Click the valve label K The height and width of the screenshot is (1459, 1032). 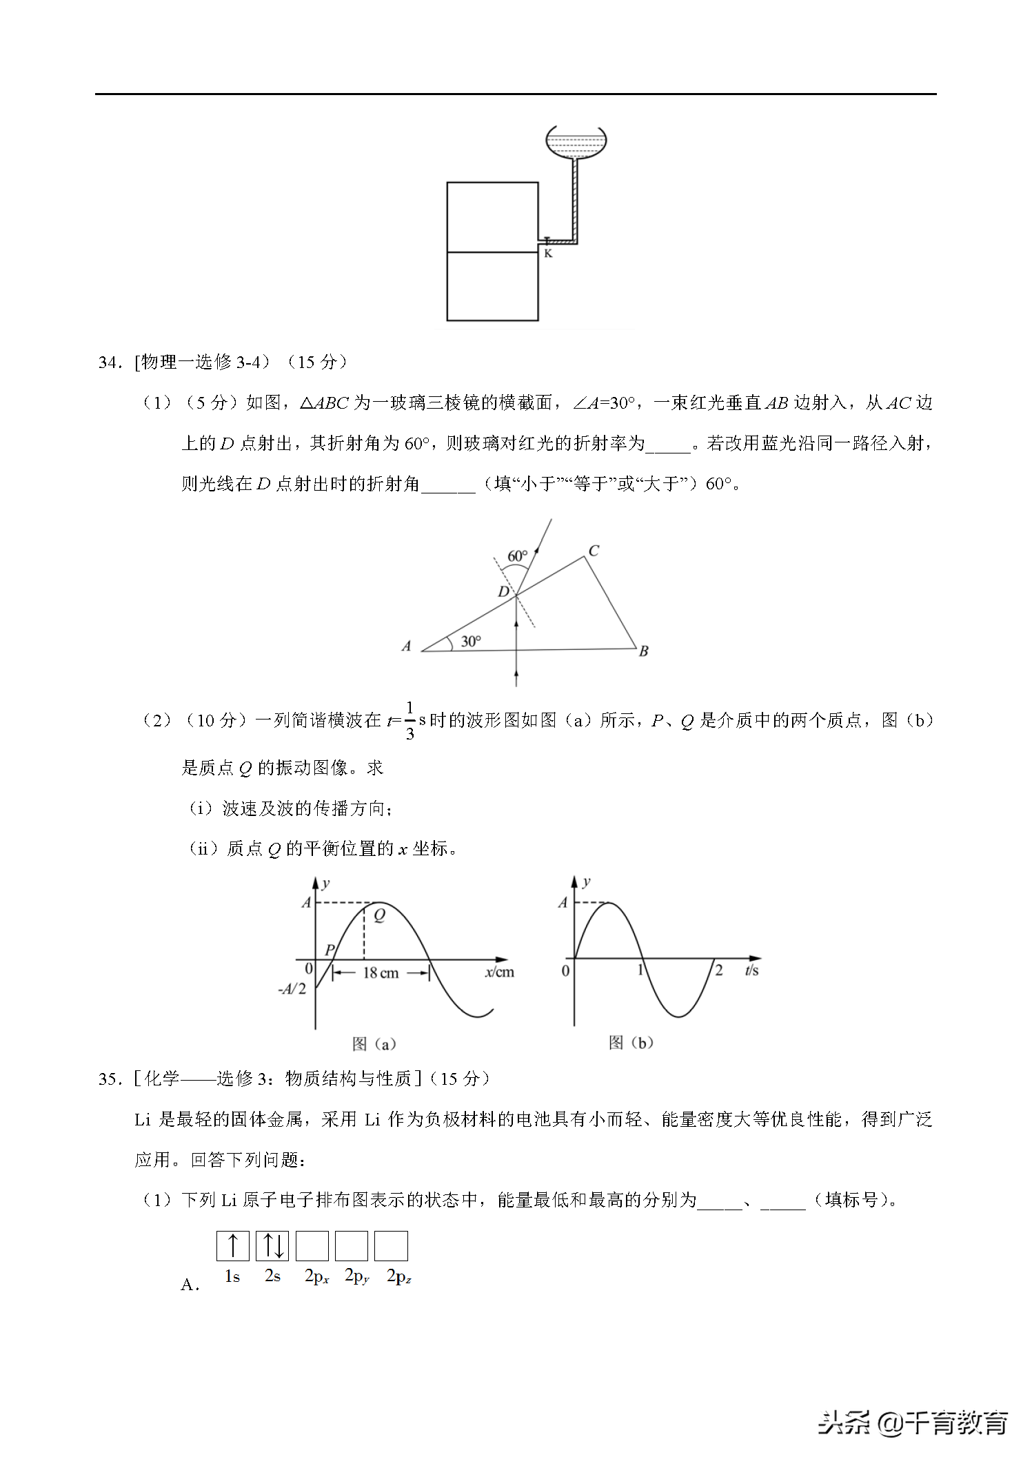548,254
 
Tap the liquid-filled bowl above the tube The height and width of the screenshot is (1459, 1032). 576,142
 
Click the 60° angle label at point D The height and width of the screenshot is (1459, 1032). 517,556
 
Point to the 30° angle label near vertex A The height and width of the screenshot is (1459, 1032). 471,642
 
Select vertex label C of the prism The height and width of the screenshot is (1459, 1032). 594,551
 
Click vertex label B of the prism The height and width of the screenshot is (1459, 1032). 643,651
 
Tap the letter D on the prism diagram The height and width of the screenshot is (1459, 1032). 504,591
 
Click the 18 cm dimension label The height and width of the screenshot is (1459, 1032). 381,972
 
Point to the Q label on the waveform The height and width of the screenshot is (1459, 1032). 379,916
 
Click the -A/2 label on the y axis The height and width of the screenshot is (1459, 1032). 292,989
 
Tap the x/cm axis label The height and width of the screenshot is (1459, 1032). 500,972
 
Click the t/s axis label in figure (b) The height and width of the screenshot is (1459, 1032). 751,970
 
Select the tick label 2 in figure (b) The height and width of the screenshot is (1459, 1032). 719,970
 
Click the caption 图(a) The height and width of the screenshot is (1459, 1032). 374,1044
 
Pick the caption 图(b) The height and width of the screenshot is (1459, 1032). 630,1043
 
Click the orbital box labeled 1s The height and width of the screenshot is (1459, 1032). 233,1246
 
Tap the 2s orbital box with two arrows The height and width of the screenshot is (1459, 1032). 272,1246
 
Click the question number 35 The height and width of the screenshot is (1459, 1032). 110,1079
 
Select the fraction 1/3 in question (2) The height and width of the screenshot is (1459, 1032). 409,721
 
